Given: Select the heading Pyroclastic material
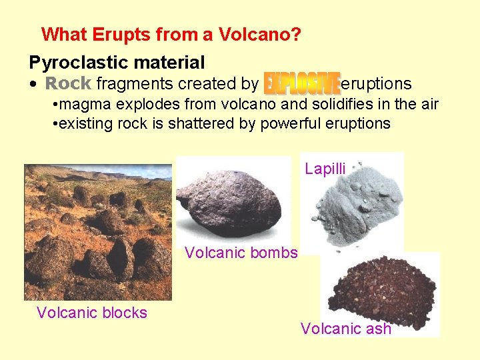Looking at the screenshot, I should coord(117,63).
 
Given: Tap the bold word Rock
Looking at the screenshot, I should coord(68,83).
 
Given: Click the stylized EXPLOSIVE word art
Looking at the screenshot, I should coord(302,83).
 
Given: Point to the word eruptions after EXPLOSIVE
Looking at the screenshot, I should coord(376,83).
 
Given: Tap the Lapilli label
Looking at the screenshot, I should coord(325,169).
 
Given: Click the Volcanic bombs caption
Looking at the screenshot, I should coord(241,253).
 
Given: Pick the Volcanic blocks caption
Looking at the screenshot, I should coord(92,313).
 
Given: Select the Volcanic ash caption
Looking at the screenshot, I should coord(345,329).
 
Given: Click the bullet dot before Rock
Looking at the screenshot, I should coord(33,85).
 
